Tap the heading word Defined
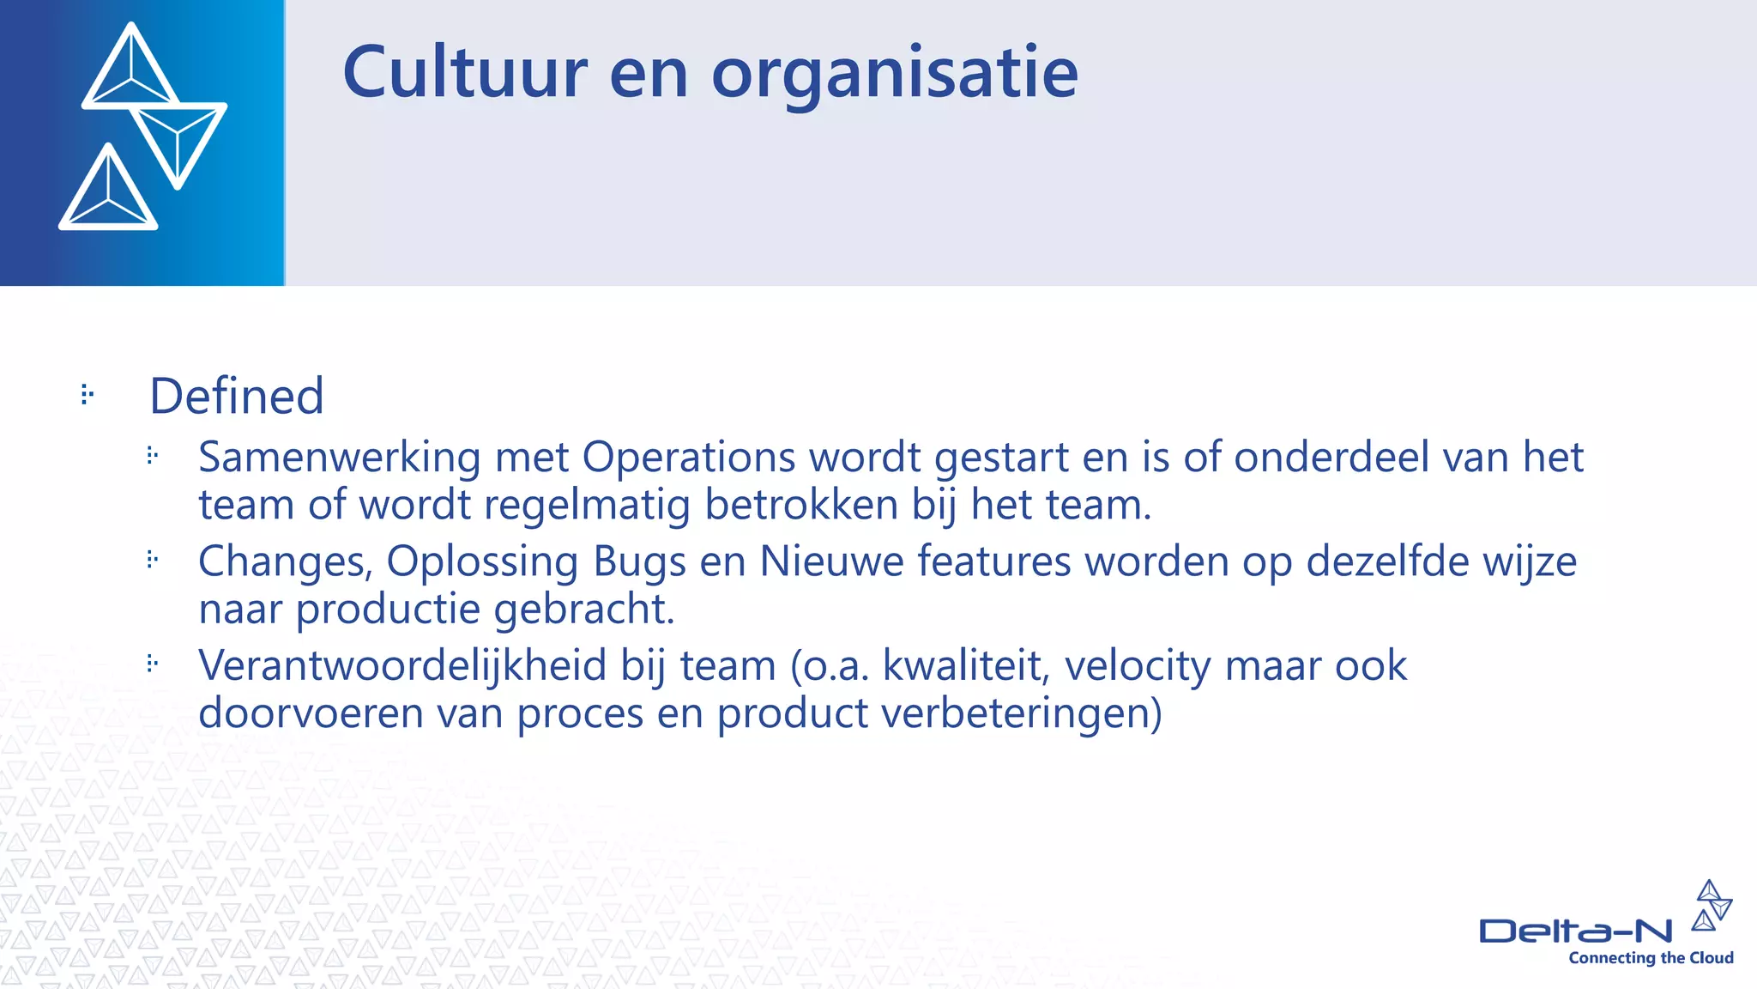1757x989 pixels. pyautogui.click(x=237, y=396)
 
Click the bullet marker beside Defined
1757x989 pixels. pyautogui.click(x=87, y=395)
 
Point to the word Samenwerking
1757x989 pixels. pyautogui.click(x=339, y=457)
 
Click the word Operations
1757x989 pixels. pyautogui.click(x=689, y=458)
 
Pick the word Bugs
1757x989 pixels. pyautogui.click(x=640, y=563)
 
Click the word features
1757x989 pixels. pyautogui.click(x=994, y=561)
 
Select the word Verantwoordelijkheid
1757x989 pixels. pyautogui.click(x=402, y=665)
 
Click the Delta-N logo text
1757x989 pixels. pyautogui.click(x=1575, y=931)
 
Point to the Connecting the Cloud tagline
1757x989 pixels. pyautogui.click(x=1651, y=958)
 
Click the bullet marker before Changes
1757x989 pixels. pyautogui.click(x=153, y=560)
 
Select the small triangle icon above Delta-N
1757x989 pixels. pyautogui.click(x=1711, y=905)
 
